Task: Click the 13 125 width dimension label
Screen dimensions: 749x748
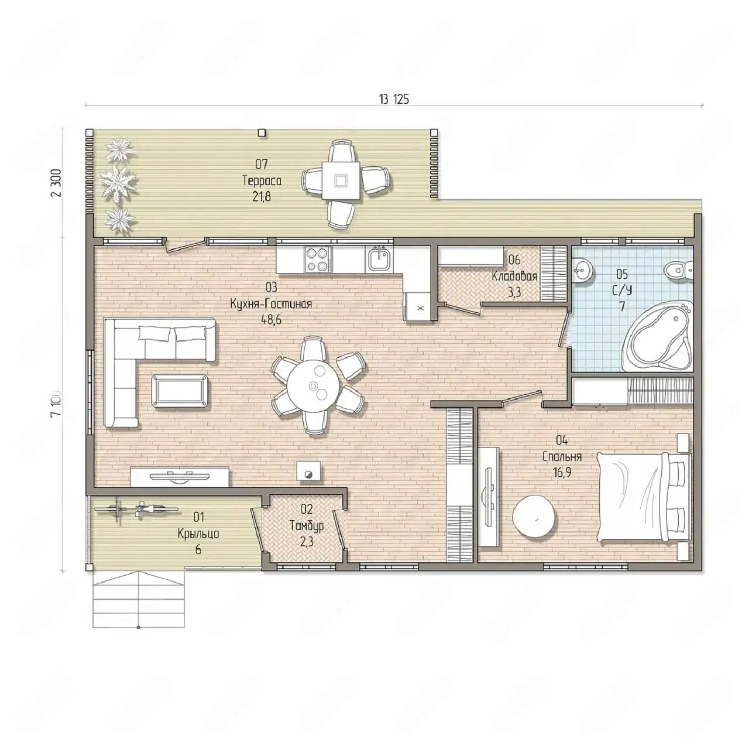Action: point(394,100)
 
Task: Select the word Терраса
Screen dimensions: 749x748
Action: point(262,180)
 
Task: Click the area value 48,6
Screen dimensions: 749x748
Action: point(272,320)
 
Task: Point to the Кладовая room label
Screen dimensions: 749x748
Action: point(514,276)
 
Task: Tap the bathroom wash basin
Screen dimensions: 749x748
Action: point(582,269)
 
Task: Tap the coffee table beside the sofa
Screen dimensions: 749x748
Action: point(180,391)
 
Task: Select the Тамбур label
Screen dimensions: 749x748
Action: point(307,526)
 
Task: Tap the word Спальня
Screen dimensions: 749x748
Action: point(562,456)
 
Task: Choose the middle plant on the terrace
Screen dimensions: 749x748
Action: point(119,184)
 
